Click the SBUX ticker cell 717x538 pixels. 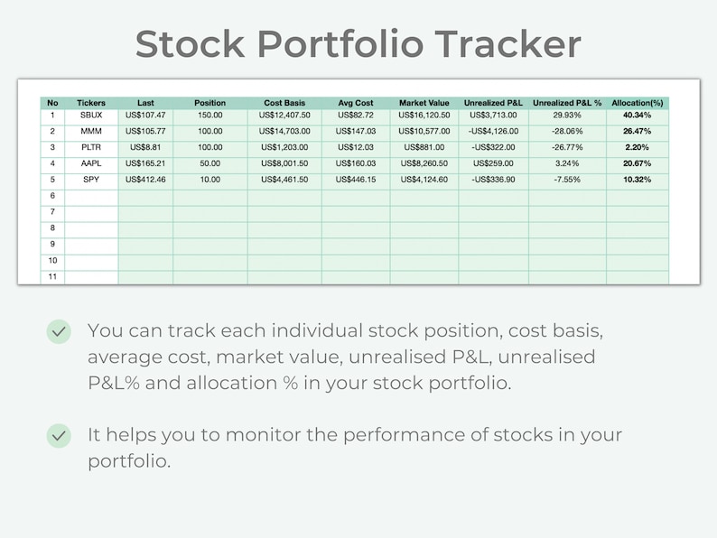[91, 116]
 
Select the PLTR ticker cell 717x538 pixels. [91, 147]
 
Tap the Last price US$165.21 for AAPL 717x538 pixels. [145, 163]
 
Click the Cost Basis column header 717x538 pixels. [284, 103]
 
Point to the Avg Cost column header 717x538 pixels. [355, 103]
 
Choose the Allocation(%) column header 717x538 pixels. [637, 103]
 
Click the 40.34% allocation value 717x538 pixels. [637, 116]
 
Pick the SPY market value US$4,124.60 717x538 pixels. [424, 180]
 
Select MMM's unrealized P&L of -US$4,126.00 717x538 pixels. [494, 132]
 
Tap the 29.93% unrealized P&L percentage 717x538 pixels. [567, 116]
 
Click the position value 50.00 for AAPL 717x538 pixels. [210, 163]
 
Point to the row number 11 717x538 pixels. [52, 276]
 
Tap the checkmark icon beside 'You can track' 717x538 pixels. [59, 332]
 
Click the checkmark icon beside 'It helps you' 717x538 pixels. [59, 436]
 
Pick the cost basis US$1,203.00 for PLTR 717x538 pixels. [284, 147]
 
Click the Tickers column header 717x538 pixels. [91, 103]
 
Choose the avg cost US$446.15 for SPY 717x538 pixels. [355, 180]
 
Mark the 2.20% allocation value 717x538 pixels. [637, 147]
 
